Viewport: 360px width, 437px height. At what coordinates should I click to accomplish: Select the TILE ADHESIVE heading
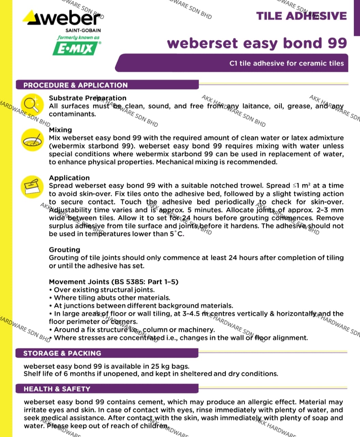tap(301, 16)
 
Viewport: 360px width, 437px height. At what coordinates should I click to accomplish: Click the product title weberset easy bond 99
tap(257, 43)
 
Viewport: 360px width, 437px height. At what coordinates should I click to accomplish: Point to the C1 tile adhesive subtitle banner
tap(286, 63)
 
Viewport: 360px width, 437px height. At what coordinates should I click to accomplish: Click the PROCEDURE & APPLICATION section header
tap(75, 85)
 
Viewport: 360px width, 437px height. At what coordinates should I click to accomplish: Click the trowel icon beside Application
tap(32, 186)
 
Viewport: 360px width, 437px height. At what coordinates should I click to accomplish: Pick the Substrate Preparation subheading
tap(87, 98)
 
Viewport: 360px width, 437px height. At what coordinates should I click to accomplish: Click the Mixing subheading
tap(60, 130)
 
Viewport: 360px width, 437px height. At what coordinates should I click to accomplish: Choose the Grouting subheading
tap(64, 250)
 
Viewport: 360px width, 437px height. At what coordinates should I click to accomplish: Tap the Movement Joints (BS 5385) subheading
tap(113, 282)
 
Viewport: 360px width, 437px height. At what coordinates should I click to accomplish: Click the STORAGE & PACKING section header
tap(62, 353)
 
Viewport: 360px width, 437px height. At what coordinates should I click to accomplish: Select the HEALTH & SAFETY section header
tap(57, 389)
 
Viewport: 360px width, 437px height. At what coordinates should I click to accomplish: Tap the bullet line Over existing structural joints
tap(104, 290)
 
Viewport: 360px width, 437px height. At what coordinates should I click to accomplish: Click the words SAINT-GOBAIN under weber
tap(83, 30)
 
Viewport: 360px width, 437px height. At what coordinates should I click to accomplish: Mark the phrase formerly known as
tap(78, 38)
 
